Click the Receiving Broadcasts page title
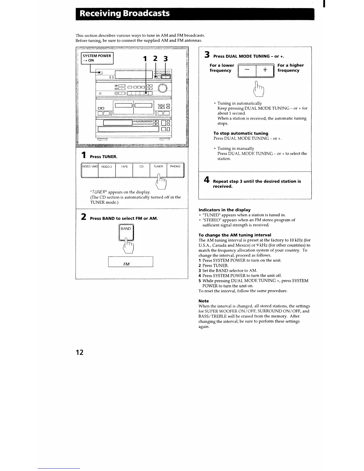click(125, 14)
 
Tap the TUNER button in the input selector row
click(158, 170)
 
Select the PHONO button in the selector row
click(175, 170)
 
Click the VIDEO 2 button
click(106, 170)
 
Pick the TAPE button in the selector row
click(124, 170)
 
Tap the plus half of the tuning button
click(265, 70)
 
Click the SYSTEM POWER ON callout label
click(97, 58)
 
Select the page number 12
click(79, 352)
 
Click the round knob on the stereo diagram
click(163, 87)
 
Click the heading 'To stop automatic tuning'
click(241, 133)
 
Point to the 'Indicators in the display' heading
click(224, 210)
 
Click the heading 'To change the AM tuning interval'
click(235, 235)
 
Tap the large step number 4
click(206, 180)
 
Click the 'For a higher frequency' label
click(290, 68)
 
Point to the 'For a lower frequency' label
click(222, 68)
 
